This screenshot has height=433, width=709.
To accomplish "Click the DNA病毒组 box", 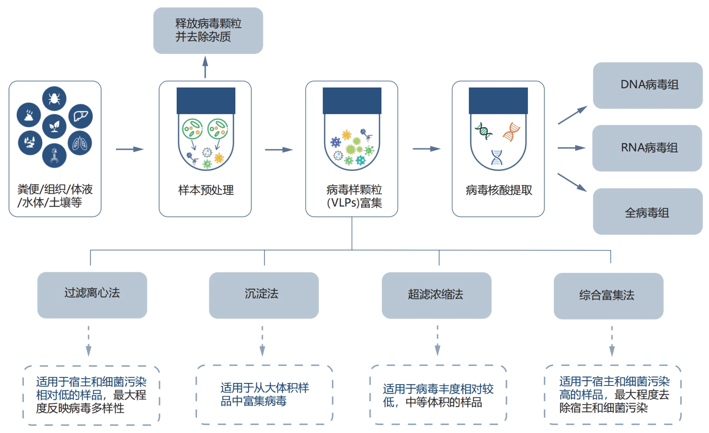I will point(648,85).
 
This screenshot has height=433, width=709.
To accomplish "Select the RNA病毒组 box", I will point(647,148).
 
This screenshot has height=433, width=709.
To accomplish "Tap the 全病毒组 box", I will point(648,212).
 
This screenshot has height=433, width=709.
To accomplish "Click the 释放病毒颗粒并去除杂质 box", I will point(208,30).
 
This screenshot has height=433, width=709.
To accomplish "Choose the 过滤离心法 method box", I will point(92,295).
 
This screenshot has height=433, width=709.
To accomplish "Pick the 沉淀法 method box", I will point(264,295).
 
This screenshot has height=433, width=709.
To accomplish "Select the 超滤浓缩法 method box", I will point(436,295).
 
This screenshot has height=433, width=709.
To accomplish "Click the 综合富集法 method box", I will point(609,296).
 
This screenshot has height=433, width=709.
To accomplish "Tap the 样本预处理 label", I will point(206,190).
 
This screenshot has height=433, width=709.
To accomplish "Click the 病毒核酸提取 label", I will point(499,190).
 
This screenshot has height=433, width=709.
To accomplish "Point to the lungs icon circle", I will point(80,143).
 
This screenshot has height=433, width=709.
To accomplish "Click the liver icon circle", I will point(81,116).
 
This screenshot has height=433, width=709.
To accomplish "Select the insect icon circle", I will point(54,99).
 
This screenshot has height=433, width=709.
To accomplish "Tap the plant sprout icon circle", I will point(54,126).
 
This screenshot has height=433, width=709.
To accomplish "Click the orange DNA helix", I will point(511,132).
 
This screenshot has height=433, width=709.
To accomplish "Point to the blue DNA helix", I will point(497,157).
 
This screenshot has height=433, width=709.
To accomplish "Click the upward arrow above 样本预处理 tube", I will point(205,67).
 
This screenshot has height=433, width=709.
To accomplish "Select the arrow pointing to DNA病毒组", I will point(572,115).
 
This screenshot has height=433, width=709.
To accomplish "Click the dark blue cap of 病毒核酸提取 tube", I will point(498,101).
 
